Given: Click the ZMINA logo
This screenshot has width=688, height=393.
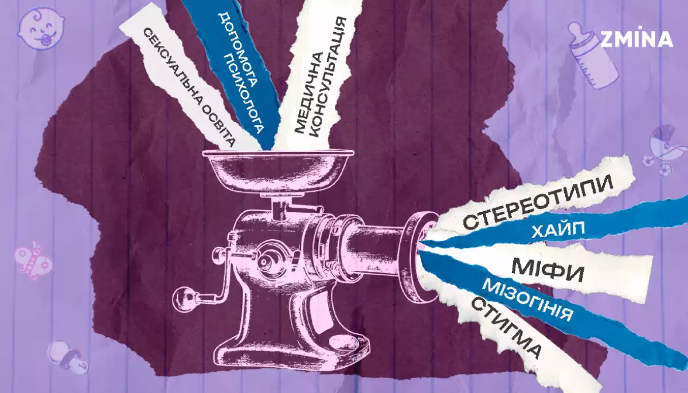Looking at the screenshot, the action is [636, 38].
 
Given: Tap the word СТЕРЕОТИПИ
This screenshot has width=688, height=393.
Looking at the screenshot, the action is [538, 202].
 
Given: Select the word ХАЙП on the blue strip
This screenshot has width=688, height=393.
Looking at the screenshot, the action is [558, 231].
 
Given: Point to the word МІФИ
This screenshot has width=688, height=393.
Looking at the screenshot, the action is [548, 270].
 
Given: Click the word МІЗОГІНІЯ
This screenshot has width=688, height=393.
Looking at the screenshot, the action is [527, 299].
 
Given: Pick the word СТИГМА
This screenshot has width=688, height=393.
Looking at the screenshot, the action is [506, 327].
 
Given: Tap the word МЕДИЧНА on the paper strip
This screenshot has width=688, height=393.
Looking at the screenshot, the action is [308, 92].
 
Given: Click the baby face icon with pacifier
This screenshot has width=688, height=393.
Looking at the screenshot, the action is [41, 28].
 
